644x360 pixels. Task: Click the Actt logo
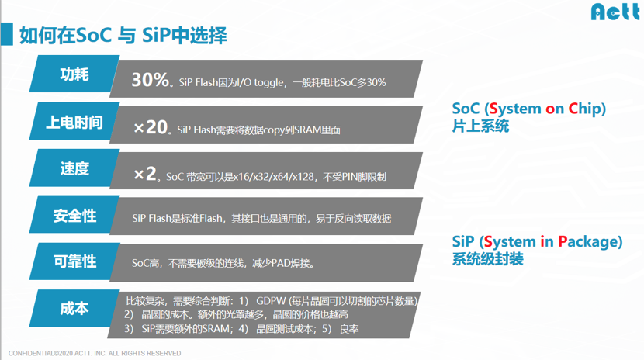point(615,12)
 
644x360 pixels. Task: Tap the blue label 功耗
point(74,74)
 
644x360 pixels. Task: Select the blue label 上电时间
point(74,122)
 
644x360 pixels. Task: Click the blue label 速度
point(74,168)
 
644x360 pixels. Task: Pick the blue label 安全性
point(74,215)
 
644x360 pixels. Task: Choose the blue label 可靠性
point(74,261)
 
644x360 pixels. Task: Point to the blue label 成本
point(74,308)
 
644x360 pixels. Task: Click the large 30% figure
point(150,80)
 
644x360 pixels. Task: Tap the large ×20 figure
point(151,127)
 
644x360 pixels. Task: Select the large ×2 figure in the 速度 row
point(145,174)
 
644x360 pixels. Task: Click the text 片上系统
point(480,126)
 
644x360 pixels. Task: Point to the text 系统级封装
point(487,259)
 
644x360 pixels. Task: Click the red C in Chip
point(573,109)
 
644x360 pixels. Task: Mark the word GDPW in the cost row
point(271,301)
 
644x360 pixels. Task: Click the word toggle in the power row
point(268,83)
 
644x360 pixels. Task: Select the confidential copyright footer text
point(95,353)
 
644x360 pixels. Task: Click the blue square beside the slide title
point(7,34)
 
